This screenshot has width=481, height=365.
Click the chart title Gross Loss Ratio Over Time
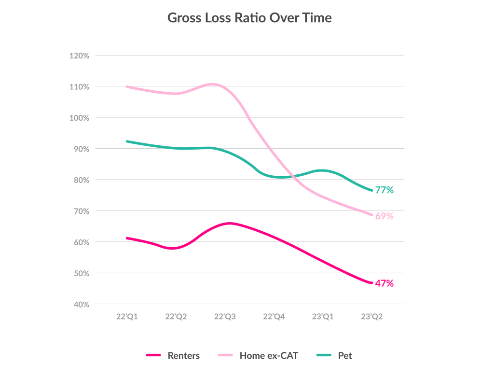pos(249,18)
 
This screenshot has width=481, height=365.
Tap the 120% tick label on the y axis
pos(79,56)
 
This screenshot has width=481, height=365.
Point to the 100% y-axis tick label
pos(79,118)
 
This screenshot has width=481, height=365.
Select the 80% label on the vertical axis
pos(81,180)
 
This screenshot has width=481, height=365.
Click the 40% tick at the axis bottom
pos(81,304)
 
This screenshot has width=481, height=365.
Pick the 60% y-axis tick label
pos(81,242)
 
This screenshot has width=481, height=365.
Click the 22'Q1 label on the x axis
pos(126,317)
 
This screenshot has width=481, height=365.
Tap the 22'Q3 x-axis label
pos(225,317)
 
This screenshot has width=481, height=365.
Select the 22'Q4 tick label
pos(274,317)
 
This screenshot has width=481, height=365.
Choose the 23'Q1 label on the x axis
pos(323,317)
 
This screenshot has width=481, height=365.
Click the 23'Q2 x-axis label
pos(372,317)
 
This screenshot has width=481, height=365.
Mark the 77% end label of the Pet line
pos(385,190)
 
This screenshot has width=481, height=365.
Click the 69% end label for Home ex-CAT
pos(385,216)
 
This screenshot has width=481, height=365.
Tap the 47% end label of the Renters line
pos(385,283)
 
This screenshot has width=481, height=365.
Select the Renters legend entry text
pos(183,356)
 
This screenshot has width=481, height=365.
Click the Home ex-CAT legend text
pos(269,356)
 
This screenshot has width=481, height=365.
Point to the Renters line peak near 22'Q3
pos(229,223)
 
